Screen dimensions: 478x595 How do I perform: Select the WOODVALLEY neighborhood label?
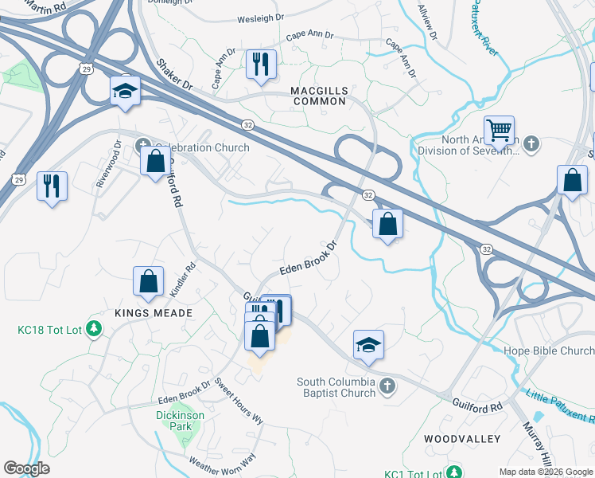(461, 439)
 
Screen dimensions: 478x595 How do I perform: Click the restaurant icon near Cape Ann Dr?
(261, 63)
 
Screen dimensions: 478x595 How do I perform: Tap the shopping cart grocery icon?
(499, 130)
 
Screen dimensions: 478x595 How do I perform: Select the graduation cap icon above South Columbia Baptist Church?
(368, 345)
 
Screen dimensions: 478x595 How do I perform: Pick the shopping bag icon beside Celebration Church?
(155, 160)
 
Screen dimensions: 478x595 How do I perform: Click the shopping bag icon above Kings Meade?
(149, 280)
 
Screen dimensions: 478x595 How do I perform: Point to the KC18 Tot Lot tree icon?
(94, 328)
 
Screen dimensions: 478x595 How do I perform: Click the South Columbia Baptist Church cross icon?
(387, 387)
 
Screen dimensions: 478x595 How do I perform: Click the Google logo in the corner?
(26, 468)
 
